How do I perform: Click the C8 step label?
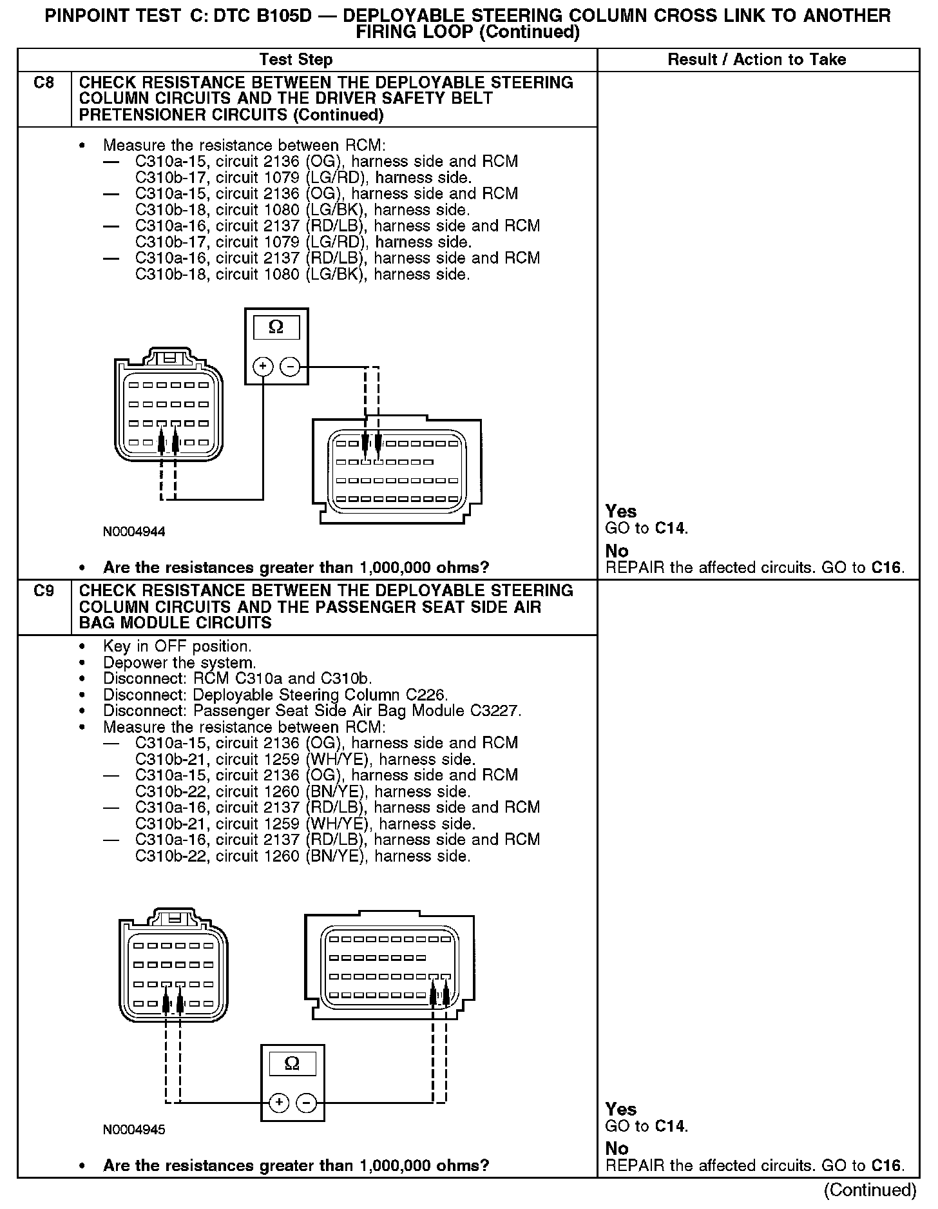43,83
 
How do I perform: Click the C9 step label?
43,591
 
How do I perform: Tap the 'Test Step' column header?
296,60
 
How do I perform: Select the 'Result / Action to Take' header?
757,60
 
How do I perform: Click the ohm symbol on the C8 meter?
276,327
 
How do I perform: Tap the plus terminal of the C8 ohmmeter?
263,367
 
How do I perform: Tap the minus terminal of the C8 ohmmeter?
291,367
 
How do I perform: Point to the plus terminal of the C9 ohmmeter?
278,1103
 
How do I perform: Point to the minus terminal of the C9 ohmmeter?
306,1103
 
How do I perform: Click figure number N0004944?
134,532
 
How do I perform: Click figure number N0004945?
134,1130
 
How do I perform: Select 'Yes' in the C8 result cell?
620,512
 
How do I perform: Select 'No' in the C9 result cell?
617,1148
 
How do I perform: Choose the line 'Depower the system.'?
180,663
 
